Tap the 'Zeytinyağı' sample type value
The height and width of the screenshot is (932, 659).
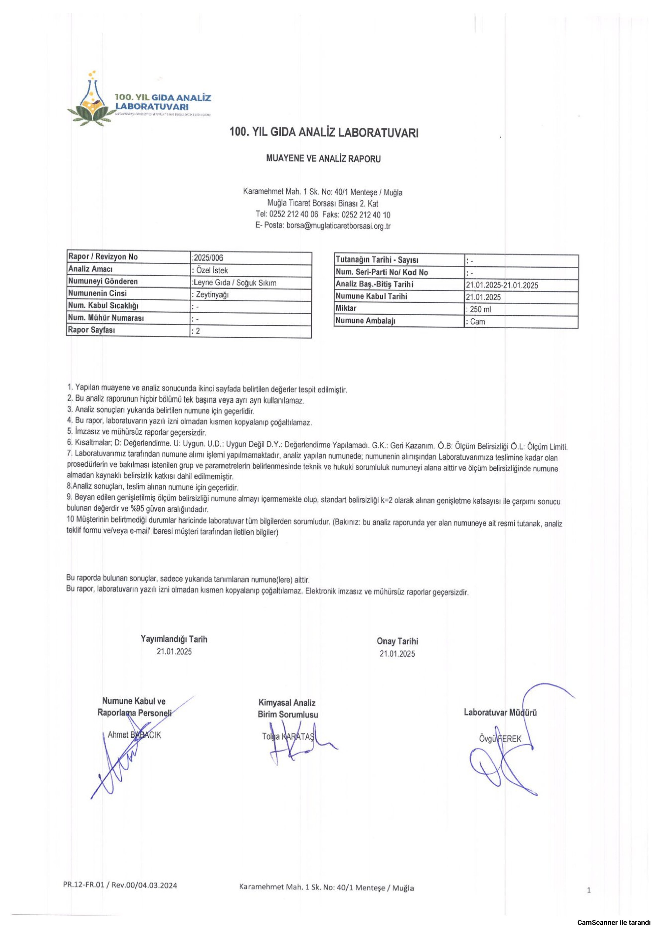(x=212, y=295)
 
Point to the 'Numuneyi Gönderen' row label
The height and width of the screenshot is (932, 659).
(x=103, y=281)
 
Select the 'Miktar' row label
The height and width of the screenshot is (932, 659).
(x=346, y=308)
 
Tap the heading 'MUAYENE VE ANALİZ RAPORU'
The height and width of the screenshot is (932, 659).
(x=323, y=159)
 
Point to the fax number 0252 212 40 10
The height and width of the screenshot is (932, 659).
(x=366, y=215)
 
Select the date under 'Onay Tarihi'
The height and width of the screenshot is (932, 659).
(x=397, y=654)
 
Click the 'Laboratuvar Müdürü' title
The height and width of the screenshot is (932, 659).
(x=500, y=712)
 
